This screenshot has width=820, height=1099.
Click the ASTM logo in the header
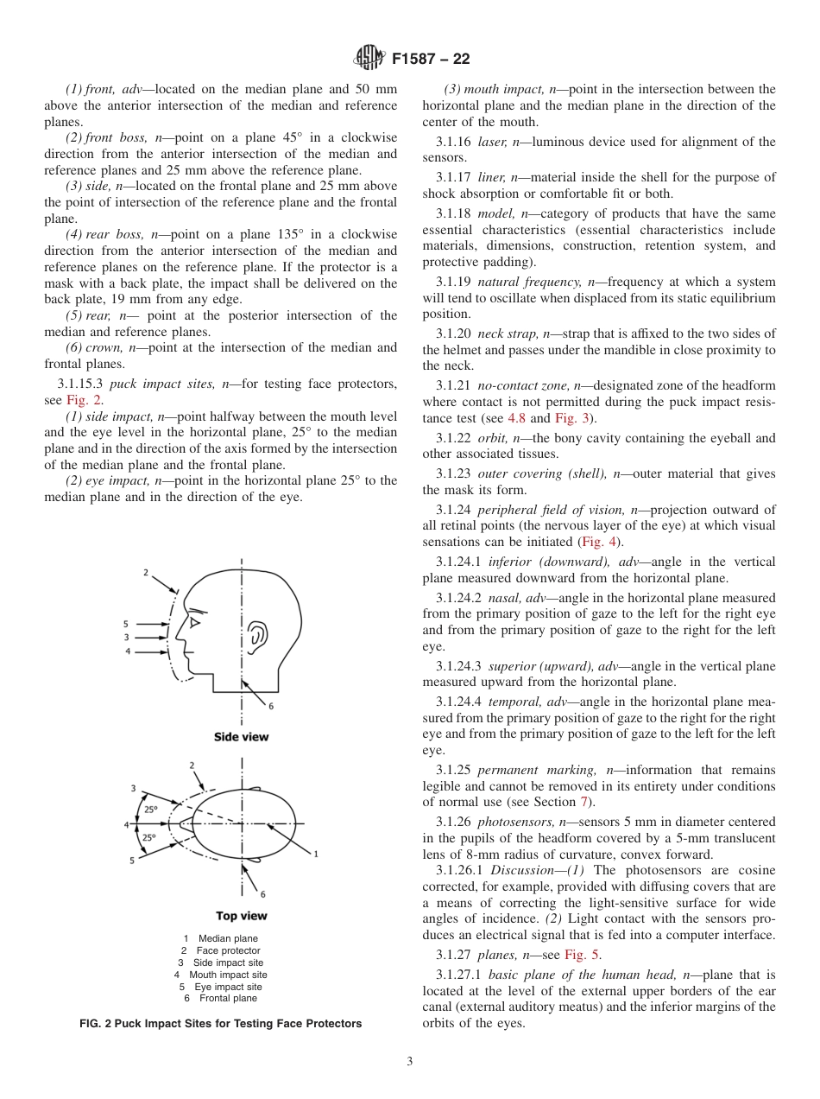click(x=369, y=59)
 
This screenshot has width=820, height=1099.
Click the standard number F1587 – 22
click(x=431, y=60)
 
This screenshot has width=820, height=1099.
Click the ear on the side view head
click(x=256, y=637)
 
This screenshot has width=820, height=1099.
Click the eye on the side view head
click(x=196, y=622)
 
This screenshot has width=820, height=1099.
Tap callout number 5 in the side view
click(x=125, y=623)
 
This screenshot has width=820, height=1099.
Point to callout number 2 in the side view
click(x=146, y=572)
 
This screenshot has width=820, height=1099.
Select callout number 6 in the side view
click(x=270, y=706)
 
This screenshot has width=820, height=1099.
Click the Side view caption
click(x=241, y=737)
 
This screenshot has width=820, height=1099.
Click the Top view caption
click(x=241, y=916)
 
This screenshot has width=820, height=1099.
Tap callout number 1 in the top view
click(x=316, y=854)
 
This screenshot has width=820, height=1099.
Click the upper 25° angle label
click(x=150, y=810)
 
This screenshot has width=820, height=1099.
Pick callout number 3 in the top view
click(x=133, y=788)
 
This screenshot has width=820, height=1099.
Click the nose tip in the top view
click(x=171, y=824)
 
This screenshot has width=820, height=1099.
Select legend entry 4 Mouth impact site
click(x=220, y=975)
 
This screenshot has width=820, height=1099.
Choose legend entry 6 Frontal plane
click(x=220, y=999)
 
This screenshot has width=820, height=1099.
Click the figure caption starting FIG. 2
click(x=220, y=1024)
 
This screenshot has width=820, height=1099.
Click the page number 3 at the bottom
click(x=409, y=1062)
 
